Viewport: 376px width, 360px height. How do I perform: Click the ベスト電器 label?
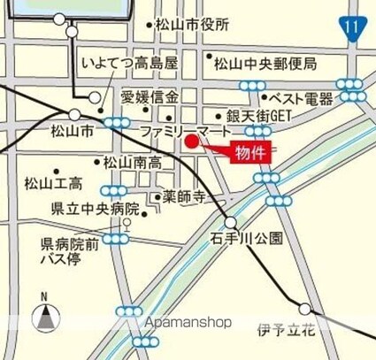pos(301,98)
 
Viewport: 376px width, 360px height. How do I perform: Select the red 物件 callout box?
pos(250,152)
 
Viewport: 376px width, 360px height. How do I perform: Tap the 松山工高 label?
pos(53,184)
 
